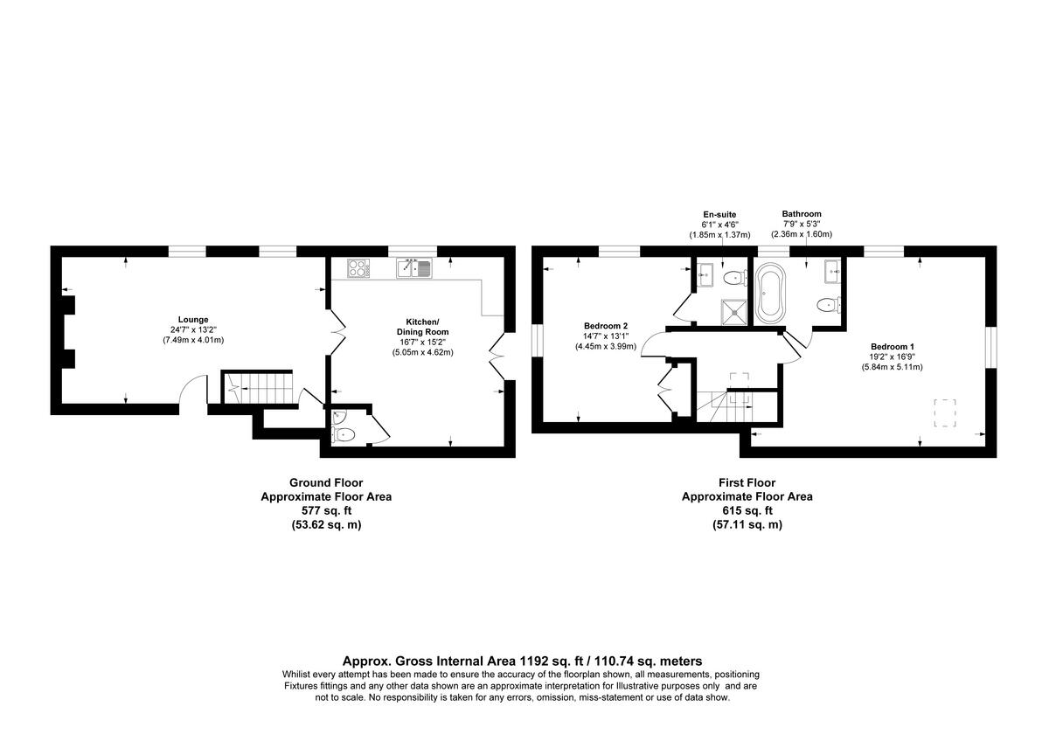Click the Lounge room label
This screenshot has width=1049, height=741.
click(192, 319)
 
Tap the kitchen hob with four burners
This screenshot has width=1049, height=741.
click(359, 267)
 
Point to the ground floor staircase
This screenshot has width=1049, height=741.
click(257, 386)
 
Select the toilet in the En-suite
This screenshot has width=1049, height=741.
click(735, 279)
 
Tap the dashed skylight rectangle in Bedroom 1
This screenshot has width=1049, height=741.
click(945, 412)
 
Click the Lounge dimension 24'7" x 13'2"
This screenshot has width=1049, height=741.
click(192, 329)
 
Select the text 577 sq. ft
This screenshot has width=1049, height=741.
click(326, 510)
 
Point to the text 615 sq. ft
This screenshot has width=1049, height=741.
click(747, 510)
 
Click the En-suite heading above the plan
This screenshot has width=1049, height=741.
click(719, 214)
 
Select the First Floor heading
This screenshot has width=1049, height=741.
click(747, 482)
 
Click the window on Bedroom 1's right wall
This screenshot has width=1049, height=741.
click(990, 347)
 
